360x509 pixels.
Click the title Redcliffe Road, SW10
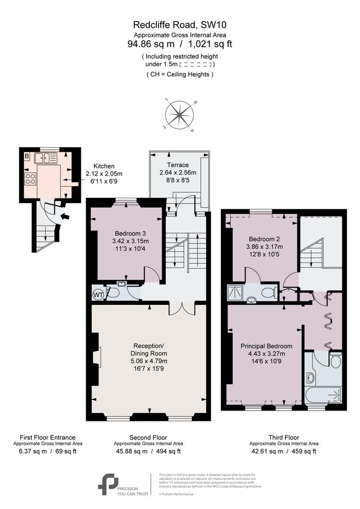point(179,24)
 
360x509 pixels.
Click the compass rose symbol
point(180,115)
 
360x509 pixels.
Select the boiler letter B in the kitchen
point(27,156)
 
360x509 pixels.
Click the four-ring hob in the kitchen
point(29,179)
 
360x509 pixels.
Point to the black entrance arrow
point(66,215)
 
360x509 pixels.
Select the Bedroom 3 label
point(130,234)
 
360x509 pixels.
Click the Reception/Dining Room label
point(148,346)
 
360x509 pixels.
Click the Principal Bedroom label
point(266,346)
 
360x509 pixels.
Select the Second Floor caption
point(148,437)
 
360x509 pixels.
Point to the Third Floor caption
point(283,437)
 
